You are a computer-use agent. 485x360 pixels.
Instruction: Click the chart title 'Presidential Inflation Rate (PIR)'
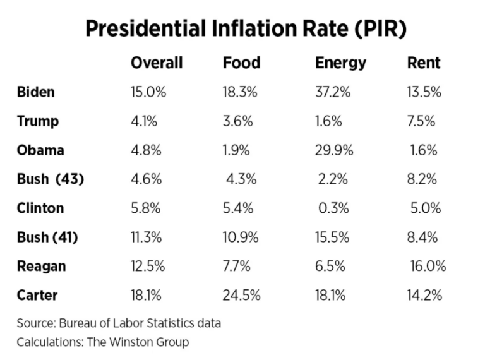[x=242, y=28]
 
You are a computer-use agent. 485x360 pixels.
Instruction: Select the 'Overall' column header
[x=157, y=63]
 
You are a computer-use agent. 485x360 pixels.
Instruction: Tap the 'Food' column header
[x=241, y=63]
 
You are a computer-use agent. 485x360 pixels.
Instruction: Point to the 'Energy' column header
[x=340, y=63]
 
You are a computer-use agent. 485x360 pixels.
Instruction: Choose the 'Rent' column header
[x=424, y=63]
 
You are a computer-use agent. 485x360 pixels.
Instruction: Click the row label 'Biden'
[x=36, y=92]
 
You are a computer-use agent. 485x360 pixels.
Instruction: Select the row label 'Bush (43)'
[x=51, y=179]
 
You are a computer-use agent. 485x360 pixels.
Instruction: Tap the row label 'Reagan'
[x=41, y=267]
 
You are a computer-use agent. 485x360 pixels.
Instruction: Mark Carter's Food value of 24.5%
[x=241, y=296]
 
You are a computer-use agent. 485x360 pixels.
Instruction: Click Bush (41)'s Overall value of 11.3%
[x=146, y=237]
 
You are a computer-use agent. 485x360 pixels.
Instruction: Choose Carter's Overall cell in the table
[x=147, y=296]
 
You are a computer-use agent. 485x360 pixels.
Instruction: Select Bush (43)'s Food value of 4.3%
[x=241, y=179]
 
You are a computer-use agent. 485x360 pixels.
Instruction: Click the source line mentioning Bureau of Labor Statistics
[x=119, y=324]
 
